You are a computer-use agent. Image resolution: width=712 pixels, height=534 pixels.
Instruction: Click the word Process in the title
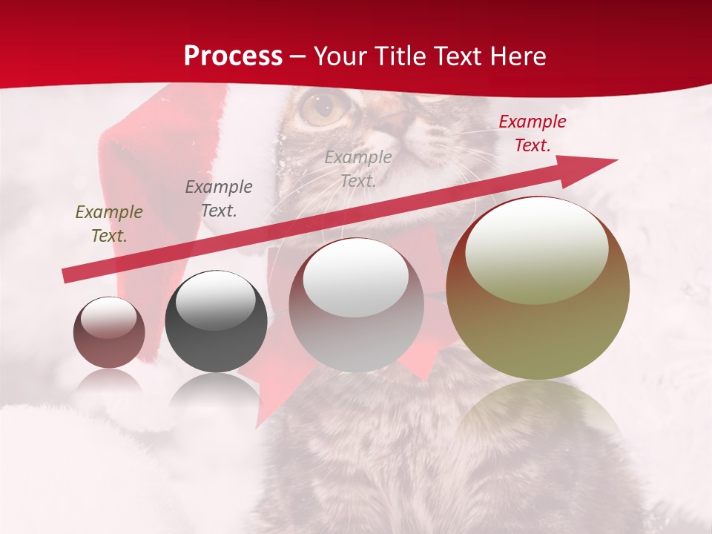[233, 56]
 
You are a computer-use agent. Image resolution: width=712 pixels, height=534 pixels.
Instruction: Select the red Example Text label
[533, 133]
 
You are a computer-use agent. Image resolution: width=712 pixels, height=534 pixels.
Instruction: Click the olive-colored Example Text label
[109, 224]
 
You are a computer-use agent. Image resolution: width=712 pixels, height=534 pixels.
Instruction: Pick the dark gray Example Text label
[219, 199]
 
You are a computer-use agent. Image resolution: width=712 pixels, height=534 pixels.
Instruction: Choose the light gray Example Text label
[358, 168]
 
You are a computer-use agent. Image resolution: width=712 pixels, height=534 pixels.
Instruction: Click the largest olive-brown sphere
[538, 326]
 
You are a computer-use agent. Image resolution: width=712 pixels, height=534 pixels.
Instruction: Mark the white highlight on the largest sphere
[537, 250]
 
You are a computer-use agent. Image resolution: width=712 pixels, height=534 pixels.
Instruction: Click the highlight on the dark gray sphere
[216, 300]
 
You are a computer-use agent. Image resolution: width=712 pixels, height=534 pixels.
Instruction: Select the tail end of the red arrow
[68, 276]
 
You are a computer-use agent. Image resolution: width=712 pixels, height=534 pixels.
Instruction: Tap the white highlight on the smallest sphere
[109, 318]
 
